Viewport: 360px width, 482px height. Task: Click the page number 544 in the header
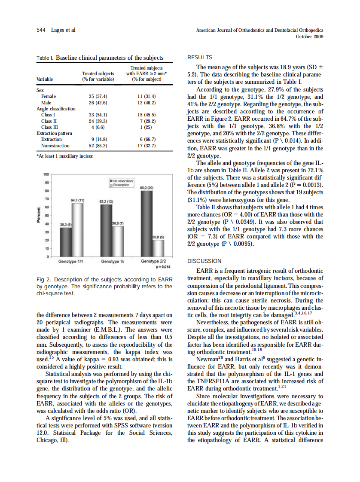pyautogui.click(x=41, y=30)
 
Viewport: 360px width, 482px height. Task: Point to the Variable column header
pyautogui.click(x=45, y=79)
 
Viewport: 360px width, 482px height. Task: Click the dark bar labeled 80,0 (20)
pyautogui.click(x=147, y=223)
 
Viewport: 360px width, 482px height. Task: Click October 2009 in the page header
pyautogui.click(x=310, y=37)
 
